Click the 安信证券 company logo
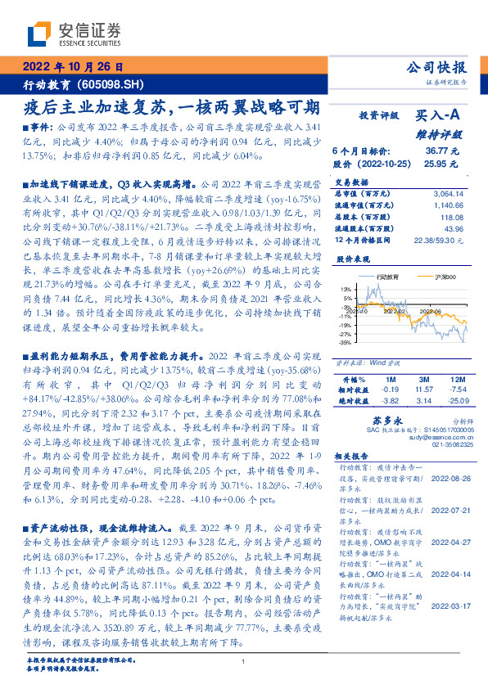74,34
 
